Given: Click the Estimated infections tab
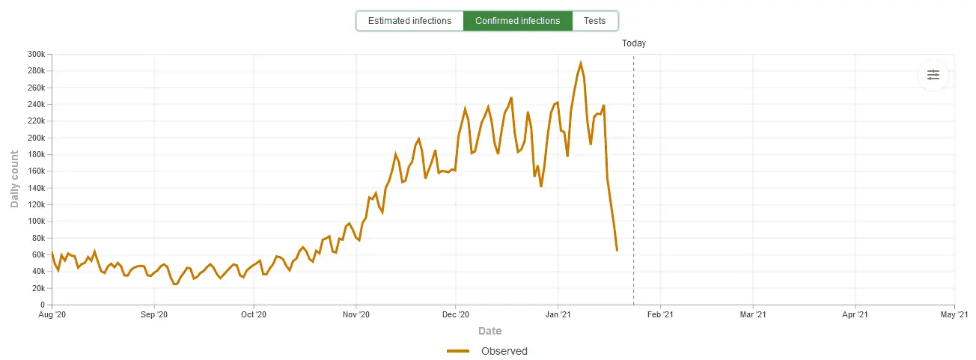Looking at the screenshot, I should click(x=409, y=21).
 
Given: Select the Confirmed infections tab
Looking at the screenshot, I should click(x=517, y=21).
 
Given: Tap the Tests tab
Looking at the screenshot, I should click(x=595, y=21).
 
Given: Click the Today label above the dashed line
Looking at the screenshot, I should click(x=633, y=43).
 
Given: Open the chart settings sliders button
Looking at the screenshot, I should click(x=933, y=75).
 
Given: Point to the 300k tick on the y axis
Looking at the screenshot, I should click(x=36, y=54).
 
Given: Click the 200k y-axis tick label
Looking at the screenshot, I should click(x=36, y=138).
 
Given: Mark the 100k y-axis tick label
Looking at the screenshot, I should click(x=36, y=222).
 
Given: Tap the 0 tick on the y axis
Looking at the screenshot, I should click(x=43, y=305).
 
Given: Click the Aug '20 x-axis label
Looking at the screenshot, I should click(x=52, y=315).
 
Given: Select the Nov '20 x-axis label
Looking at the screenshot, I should click(x=356, y=315).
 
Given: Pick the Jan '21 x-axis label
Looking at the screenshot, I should click(x=558, y=315).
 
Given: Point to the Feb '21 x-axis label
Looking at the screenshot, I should click(x=660, y=315).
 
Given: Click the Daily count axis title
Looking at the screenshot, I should click(x=14, y=179).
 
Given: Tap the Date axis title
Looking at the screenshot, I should click(x=489, y=331).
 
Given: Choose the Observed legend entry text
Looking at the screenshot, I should click(x=504, y=351).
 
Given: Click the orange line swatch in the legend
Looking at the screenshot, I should click(x=458, y=351).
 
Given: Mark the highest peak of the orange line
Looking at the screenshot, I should click(x=581, y=63).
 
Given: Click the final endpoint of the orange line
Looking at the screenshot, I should click(x=617, y=250).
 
